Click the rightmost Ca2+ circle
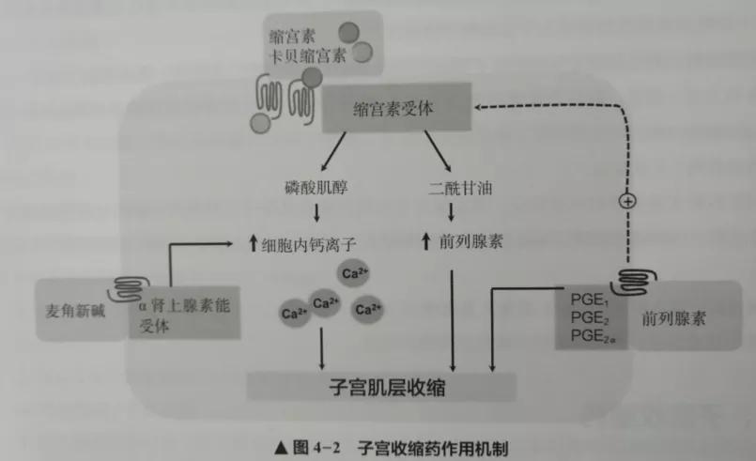[x=368, y=308]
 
